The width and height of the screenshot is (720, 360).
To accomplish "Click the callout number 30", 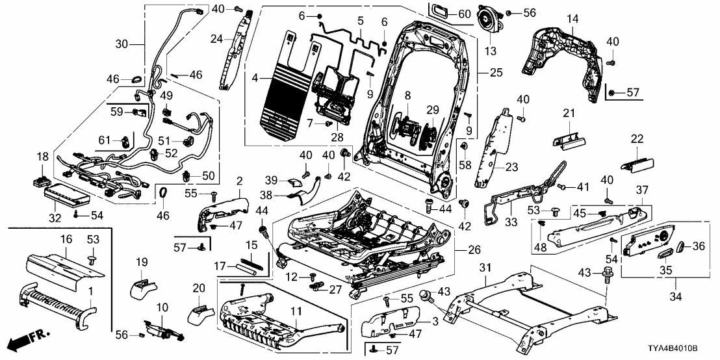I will click(122, 44).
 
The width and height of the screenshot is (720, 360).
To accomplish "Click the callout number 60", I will click(464, 14).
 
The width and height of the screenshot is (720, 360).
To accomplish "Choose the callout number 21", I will click(569, 114).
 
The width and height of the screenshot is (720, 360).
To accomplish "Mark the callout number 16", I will click(66, 240).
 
